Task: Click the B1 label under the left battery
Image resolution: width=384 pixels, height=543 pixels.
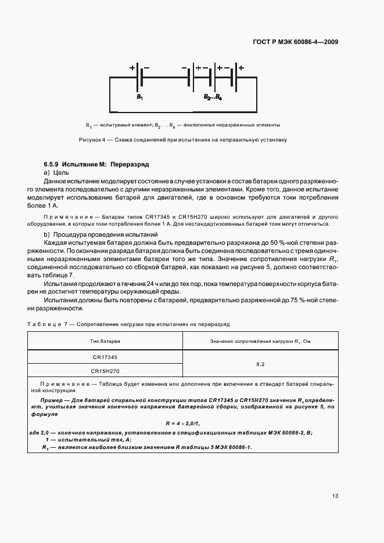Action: [139, 97]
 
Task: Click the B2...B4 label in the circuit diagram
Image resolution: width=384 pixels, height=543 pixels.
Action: [212, 97]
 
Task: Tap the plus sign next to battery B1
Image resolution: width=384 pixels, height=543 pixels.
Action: [132, 68]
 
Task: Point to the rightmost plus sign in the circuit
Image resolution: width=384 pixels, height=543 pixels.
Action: [241, 68]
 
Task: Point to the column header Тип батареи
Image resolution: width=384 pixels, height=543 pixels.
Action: [105, 341]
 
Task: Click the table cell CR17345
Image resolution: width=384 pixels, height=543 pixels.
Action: [105, 357]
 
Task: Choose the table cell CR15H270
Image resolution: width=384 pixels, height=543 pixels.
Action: [105, 370]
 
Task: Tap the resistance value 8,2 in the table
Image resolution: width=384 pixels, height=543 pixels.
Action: [260, 364]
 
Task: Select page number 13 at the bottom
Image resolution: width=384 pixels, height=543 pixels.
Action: [335, 495]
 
